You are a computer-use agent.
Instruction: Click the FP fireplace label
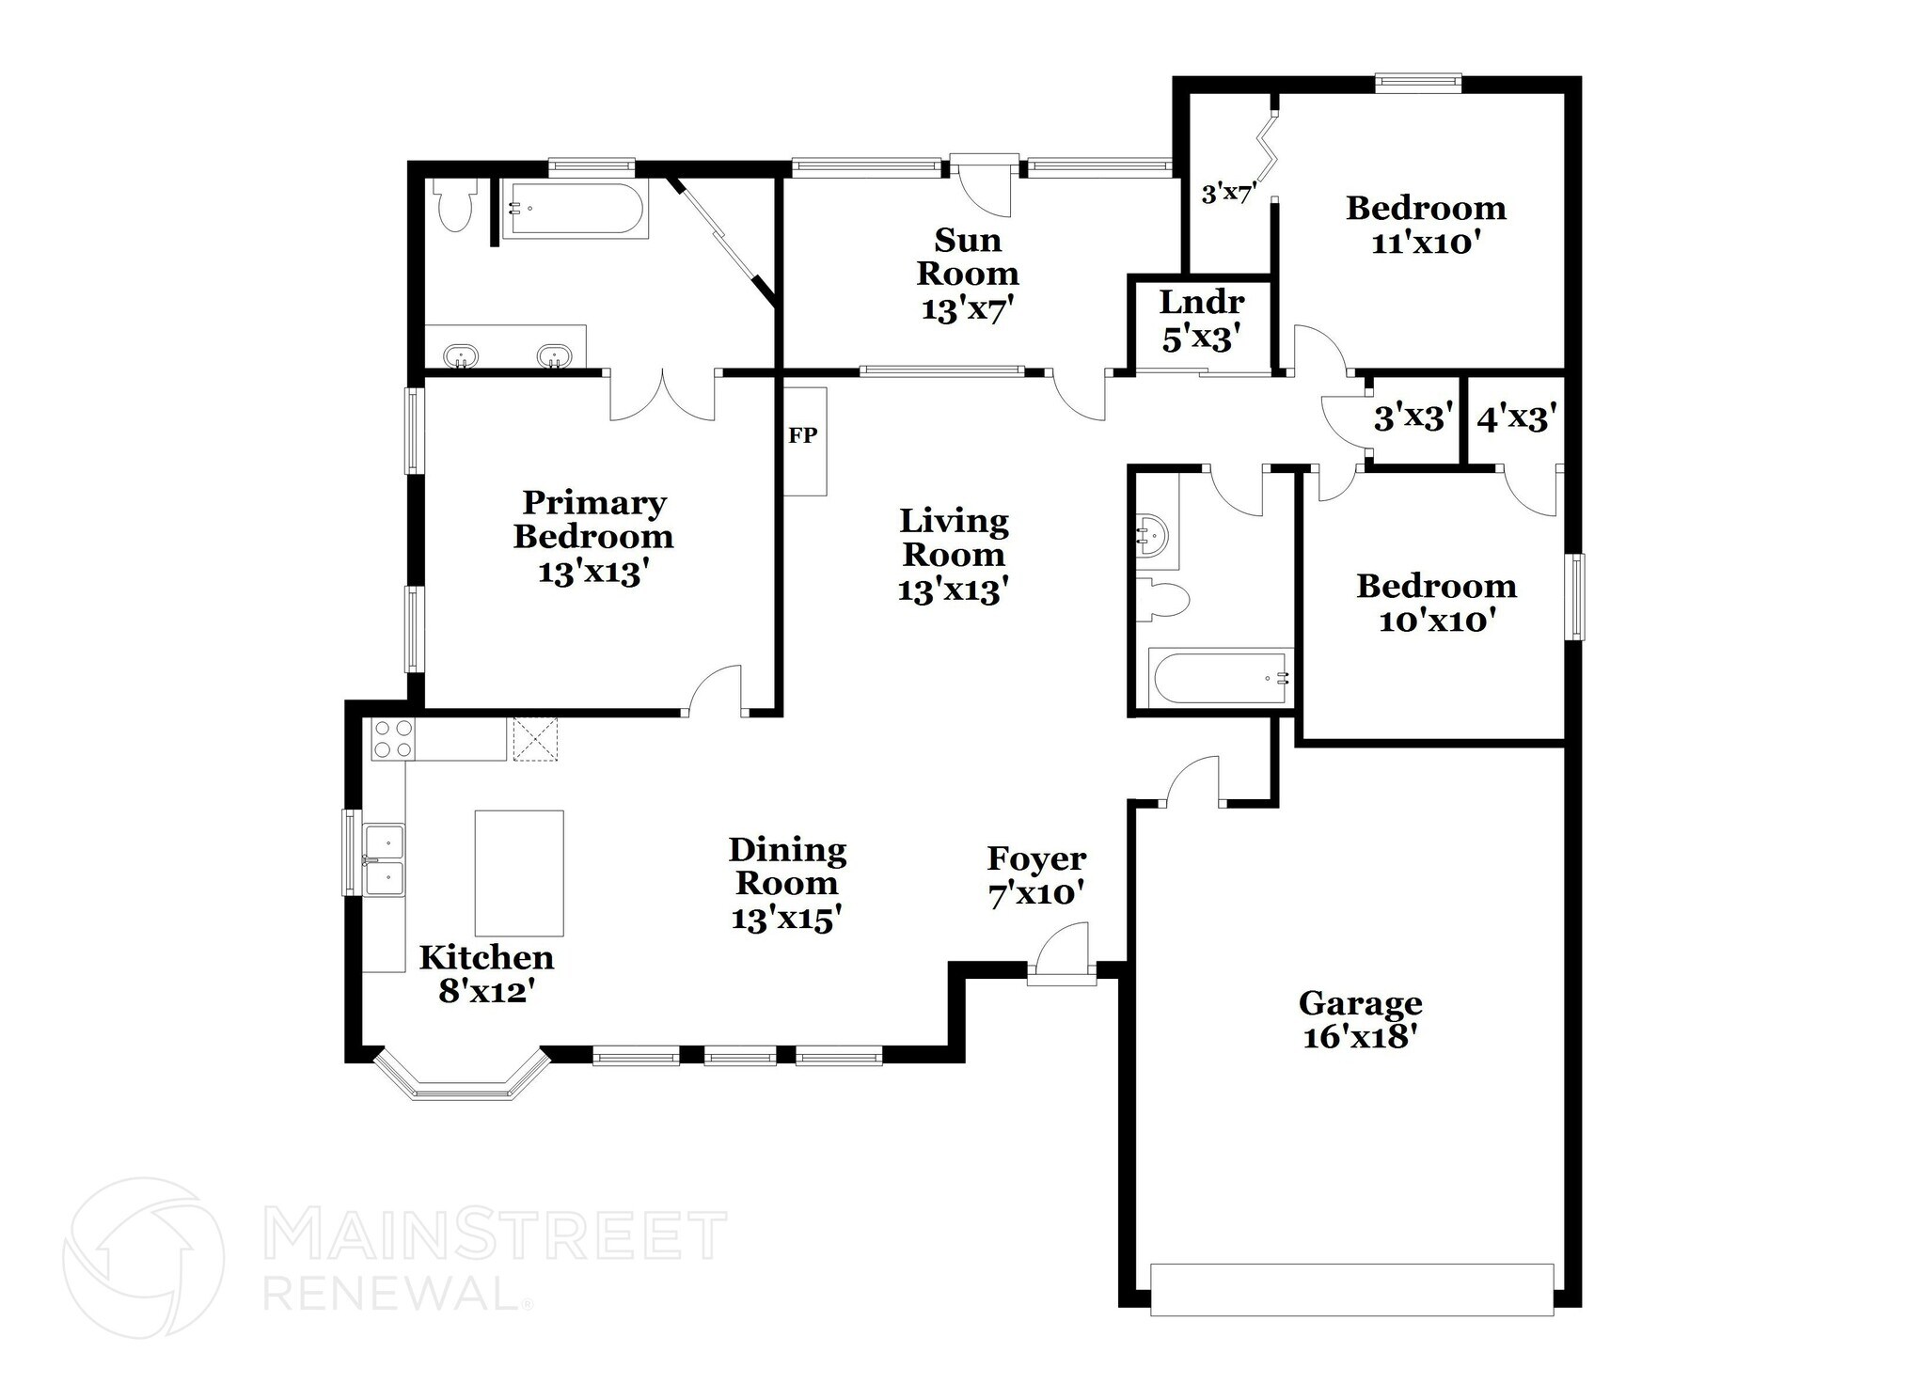[802, 435]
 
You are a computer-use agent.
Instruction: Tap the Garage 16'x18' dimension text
[1359, 1037]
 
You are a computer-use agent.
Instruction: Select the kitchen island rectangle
[518, 873]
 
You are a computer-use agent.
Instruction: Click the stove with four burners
[393, 738]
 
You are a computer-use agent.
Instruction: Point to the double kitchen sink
[385, 859]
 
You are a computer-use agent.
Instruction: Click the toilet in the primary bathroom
[454, 207]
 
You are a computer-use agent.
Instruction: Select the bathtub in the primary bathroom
[575, 210]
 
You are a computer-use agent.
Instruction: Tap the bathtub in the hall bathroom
[1220, 677]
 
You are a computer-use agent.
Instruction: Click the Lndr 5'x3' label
[1201, 320]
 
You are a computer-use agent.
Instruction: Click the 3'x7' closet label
[1228, 195]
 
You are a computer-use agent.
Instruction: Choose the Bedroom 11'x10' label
[1426, 226]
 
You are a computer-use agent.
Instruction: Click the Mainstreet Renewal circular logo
[144, 1257]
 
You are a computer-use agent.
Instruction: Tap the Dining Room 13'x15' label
[786, 884]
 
